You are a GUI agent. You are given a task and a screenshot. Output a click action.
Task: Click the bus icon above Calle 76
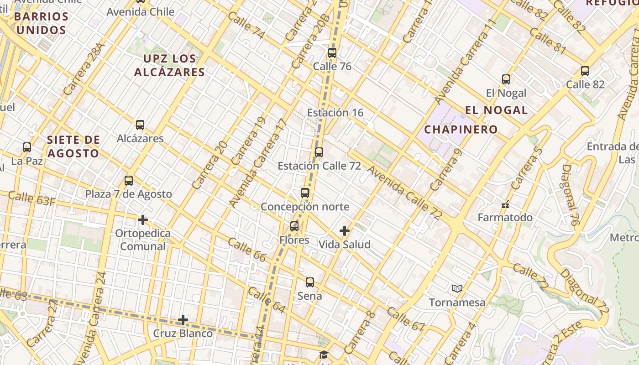click(332, 53)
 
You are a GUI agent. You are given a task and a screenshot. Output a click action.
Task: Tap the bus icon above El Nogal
click(506, 79)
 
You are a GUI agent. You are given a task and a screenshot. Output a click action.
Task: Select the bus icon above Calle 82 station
click(585, 71)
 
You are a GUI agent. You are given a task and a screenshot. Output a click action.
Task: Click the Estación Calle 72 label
click(319, 166)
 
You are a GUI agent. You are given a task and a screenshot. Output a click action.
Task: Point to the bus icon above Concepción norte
click(305, 193)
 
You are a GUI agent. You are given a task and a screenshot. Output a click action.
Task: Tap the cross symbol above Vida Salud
click(345, 231)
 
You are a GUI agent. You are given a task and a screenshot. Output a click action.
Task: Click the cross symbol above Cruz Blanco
click(183, 320)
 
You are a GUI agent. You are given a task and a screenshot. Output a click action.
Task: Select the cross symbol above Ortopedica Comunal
click(143, 220)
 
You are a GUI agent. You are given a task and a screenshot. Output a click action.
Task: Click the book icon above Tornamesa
click(457, 288)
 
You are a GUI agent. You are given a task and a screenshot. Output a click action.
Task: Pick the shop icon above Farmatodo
click(505, 204)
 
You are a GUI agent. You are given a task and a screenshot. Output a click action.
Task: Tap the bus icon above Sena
click(310, 282)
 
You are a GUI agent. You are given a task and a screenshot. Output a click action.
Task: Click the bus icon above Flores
click(294, 226)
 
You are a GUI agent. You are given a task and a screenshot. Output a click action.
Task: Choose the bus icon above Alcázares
click(140, 125)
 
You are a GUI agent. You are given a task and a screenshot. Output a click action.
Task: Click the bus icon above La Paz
click(27, 147)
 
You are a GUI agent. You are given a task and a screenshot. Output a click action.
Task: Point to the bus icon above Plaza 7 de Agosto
click(129, 181)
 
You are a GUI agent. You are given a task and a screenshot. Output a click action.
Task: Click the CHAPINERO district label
click(461, 130)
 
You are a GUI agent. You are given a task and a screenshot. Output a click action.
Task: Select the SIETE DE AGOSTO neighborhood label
click(73, 146)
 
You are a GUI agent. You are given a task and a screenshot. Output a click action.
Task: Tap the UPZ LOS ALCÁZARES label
click(169, 65)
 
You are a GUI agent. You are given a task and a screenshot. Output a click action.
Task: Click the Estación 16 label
click(335, 113)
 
